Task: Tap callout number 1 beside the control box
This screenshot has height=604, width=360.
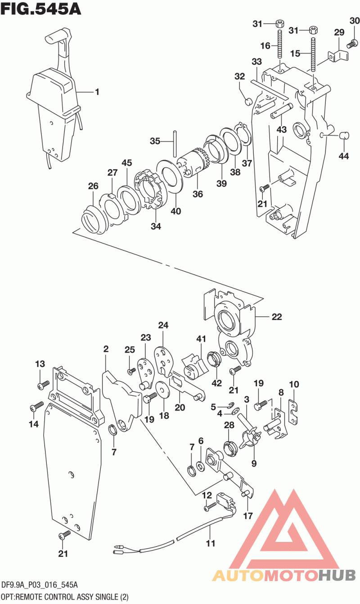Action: tap(97, 92)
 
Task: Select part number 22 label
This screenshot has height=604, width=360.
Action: tap(276, 317)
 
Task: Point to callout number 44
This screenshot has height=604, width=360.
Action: tap(344, 156)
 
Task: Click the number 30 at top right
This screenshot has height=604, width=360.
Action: tap(355, 21)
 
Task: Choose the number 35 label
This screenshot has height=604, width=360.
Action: tap(155, 141)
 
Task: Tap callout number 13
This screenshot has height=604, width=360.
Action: tap(40, 363)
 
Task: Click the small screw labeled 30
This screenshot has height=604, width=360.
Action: tap(353, 43)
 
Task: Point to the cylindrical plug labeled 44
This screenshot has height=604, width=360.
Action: tap(344, 134)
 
